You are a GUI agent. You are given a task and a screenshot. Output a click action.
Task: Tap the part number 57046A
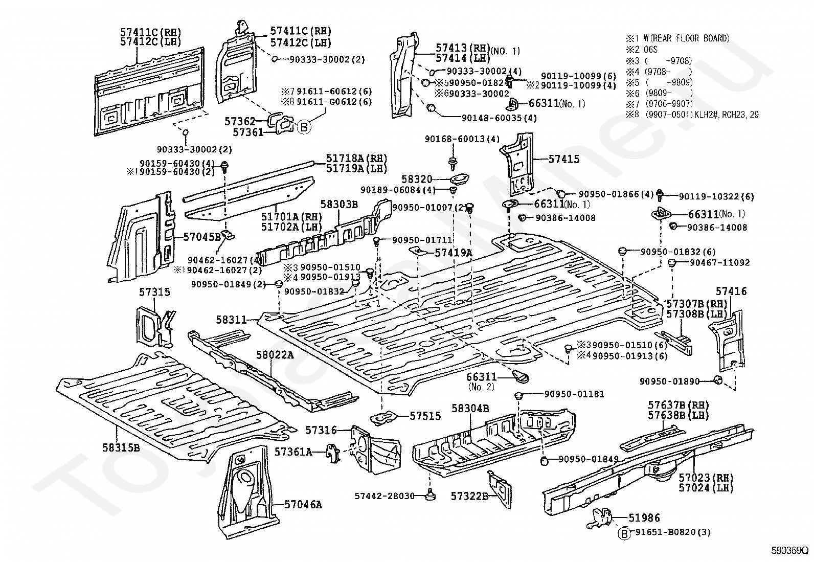(303, 505)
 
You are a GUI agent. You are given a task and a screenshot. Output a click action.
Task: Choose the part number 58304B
(470, 408)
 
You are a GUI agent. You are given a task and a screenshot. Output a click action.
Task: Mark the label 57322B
(469, 496)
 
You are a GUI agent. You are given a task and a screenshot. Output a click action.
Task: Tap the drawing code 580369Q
(789, 552)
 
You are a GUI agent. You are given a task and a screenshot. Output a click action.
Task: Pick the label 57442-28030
(384, 496)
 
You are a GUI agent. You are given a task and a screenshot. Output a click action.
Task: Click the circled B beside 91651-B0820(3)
(624, 533)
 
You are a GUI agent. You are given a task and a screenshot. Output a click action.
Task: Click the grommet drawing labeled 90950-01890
(717, 380)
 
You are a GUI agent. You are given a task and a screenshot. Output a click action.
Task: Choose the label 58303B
(339, 205)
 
